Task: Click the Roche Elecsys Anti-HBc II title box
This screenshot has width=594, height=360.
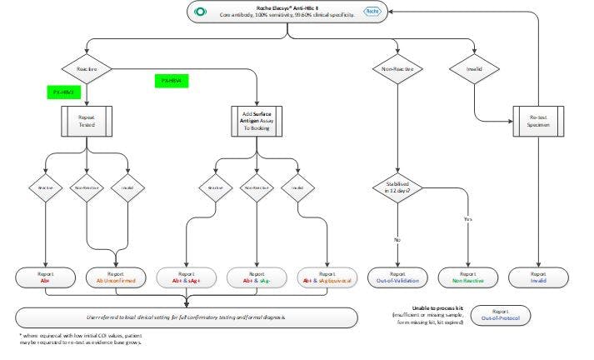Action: pyautogui.click(x=287, y=11)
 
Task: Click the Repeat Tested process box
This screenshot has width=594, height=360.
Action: pyautogui.click(x=86, y=122)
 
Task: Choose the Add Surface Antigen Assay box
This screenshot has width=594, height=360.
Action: pyautogui.click(x=256, y=122)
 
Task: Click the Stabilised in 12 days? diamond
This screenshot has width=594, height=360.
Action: pyautogui.click(x=399, y=189)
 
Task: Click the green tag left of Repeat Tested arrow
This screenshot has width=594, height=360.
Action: pyautogui.click(x=62, y=92)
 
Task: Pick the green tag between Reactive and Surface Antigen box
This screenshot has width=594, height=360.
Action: pyautogui.click(x=172, y=80)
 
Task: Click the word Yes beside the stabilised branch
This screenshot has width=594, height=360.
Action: pyautogui.click(x=467, y=219)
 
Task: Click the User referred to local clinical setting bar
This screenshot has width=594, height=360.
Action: pyautogui.click(x=187, y=317)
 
